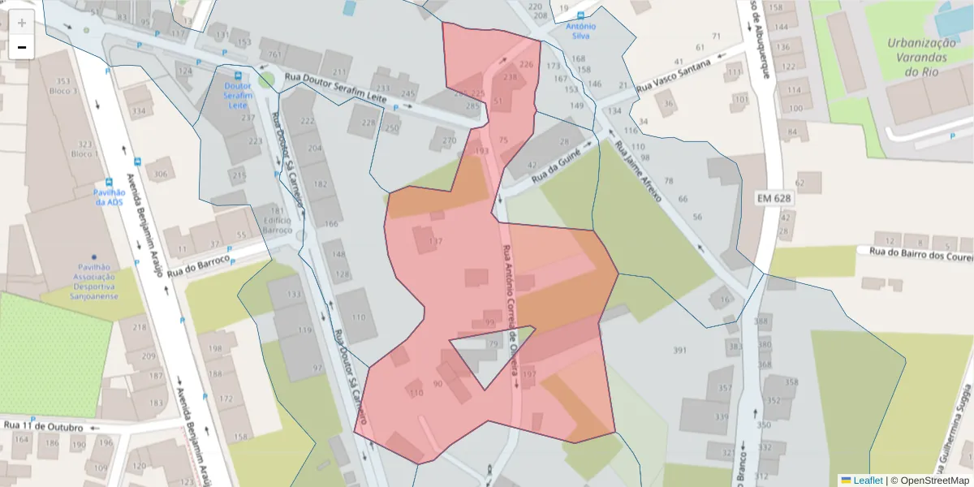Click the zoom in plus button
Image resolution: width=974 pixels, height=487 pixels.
(x=22, y=23)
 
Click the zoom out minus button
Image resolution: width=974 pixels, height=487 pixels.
(x=22, y=48)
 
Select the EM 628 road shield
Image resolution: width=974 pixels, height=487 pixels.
(x=774, y=197)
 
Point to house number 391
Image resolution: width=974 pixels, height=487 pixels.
(x=680, y=350)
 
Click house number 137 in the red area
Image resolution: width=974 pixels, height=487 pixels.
(x=436, y=243)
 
